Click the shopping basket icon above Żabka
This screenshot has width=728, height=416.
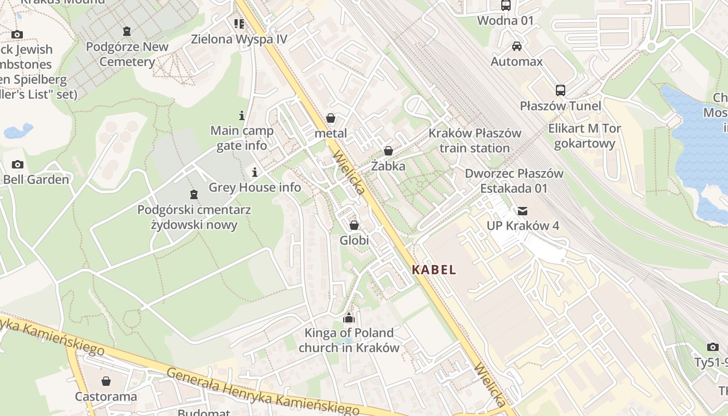[x=388, y=151]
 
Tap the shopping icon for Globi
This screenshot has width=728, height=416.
[x=354, y=225]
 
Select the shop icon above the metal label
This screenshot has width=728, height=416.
[x=330, y=119]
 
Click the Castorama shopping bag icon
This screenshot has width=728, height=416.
[x=106, y=381]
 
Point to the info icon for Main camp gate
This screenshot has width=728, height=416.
[x=241, y=115]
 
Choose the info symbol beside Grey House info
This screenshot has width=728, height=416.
[x=255, y=172]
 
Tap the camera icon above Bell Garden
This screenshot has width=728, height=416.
[x=17, y=164]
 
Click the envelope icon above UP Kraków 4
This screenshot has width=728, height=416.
[x=522, y=211]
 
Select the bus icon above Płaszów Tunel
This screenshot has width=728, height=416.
[x=560, y=90]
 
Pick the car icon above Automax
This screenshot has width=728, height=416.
[x=516, y=46]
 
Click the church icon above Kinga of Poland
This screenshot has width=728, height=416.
[x=348, y=318]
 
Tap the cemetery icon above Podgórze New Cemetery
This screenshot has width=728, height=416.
[x=127, y=31]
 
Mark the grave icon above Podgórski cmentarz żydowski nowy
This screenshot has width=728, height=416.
[x=194, y=194]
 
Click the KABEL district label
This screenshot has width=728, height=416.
[x=434, y=270]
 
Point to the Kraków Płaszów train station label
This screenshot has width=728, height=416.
[x=474, y=140]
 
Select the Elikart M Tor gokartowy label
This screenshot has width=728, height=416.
[x=584, y=136]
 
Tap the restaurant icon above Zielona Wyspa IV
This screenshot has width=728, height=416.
[x=239, y=23]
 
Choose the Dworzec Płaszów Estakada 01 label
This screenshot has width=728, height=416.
[x=514, y=180]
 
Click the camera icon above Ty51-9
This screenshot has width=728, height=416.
[x=712, y=347]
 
